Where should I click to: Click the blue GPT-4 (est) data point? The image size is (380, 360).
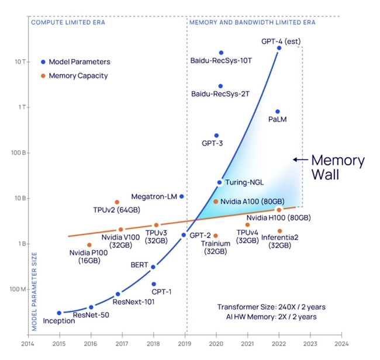click(279, 48)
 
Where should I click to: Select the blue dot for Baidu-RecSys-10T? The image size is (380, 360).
click(221, 53)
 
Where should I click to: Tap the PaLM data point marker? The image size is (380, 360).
click(278, 112)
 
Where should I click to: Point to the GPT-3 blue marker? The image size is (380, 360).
click(216, 136)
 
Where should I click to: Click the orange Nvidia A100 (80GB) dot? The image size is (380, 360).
click(216, 202)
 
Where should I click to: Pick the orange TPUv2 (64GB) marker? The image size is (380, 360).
click(117, 202)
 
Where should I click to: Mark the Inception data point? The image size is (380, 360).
click(59, 313)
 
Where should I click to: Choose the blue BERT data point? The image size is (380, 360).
click(153, 267)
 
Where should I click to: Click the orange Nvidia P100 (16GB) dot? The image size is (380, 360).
click(89, 245)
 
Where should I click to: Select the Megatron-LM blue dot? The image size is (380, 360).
click(182, 196)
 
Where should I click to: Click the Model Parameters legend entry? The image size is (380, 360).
click(75, 62)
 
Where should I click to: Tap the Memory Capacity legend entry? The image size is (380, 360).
click(74, 75)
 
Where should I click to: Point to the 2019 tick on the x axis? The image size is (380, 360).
click(185, 344)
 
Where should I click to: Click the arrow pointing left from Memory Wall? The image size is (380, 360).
click(300, 160)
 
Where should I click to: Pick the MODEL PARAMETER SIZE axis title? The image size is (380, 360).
click(34, 292)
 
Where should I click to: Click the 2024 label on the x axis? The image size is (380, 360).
click(341, 344)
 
